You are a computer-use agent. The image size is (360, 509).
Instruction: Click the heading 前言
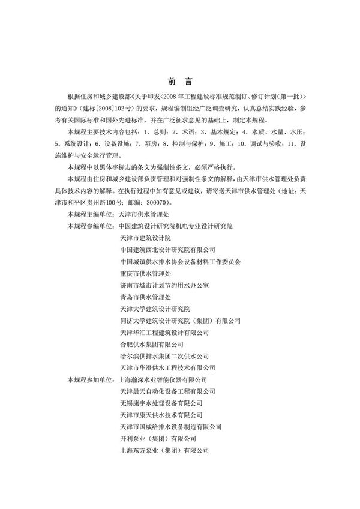point(179,80)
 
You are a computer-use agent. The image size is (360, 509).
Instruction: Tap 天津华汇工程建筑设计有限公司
point(163,332)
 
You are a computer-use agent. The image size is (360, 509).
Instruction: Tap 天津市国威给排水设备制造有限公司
point(172,427)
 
